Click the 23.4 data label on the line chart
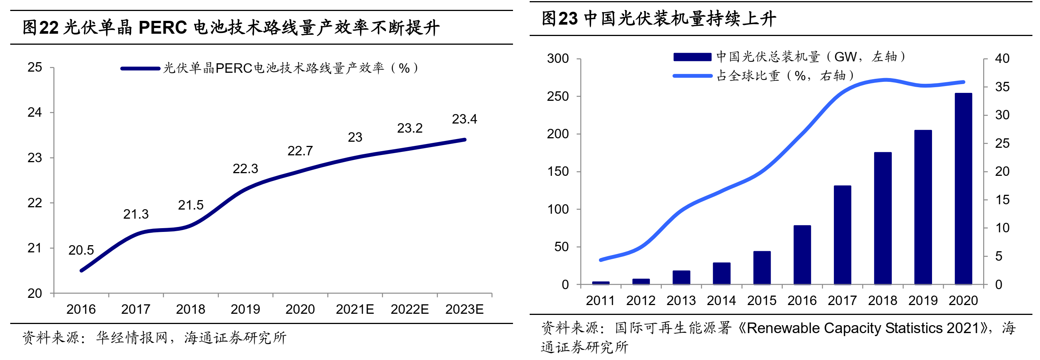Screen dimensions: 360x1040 464,119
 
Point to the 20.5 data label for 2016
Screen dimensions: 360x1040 81,250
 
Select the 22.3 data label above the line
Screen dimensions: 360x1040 245,169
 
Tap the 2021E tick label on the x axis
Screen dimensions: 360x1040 355,310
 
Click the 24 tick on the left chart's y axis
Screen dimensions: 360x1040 35,113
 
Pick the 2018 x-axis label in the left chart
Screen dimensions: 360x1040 190,310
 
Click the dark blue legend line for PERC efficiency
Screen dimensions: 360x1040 140,69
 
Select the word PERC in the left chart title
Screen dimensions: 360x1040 163,27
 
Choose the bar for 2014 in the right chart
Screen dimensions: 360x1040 721,274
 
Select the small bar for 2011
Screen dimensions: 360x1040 601,283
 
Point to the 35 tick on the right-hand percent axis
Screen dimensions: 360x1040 1002,87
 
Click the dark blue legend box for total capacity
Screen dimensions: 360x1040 692,57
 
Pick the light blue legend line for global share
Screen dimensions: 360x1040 692,76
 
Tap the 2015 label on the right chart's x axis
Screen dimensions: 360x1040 762,301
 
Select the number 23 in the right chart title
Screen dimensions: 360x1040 568,19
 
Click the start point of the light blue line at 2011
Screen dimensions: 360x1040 601,260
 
